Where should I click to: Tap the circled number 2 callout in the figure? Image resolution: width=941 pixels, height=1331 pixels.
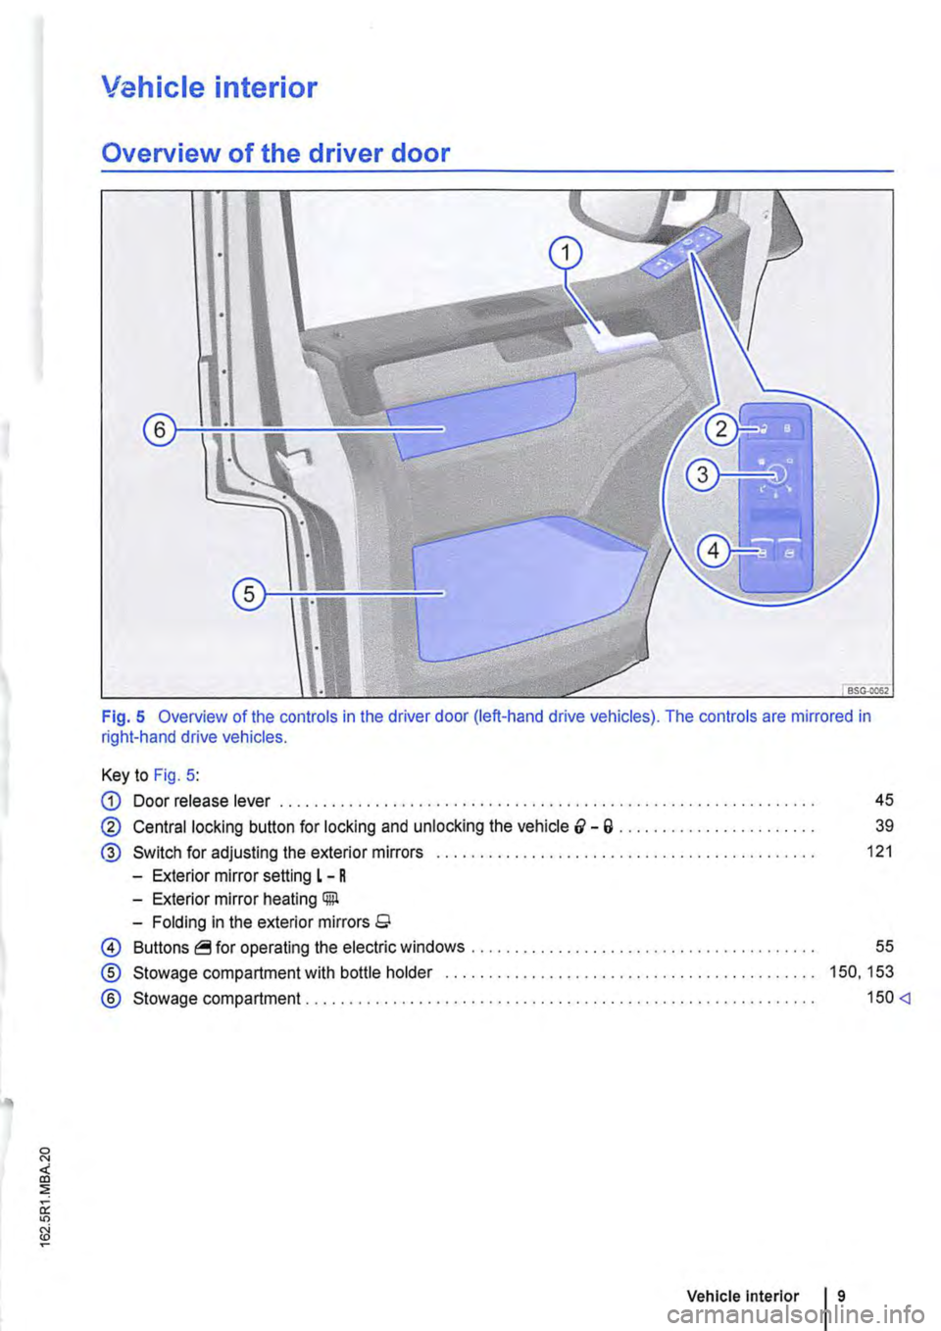722,429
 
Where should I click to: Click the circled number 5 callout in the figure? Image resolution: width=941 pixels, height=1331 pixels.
249,594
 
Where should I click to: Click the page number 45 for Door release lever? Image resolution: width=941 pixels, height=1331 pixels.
883,800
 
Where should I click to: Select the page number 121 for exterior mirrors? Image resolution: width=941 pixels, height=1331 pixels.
880,851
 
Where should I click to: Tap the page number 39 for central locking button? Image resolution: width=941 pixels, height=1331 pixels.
883,825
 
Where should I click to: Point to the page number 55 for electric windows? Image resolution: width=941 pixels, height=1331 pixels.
883,946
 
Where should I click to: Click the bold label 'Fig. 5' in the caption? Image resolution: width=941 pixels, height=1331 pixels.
124,716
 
